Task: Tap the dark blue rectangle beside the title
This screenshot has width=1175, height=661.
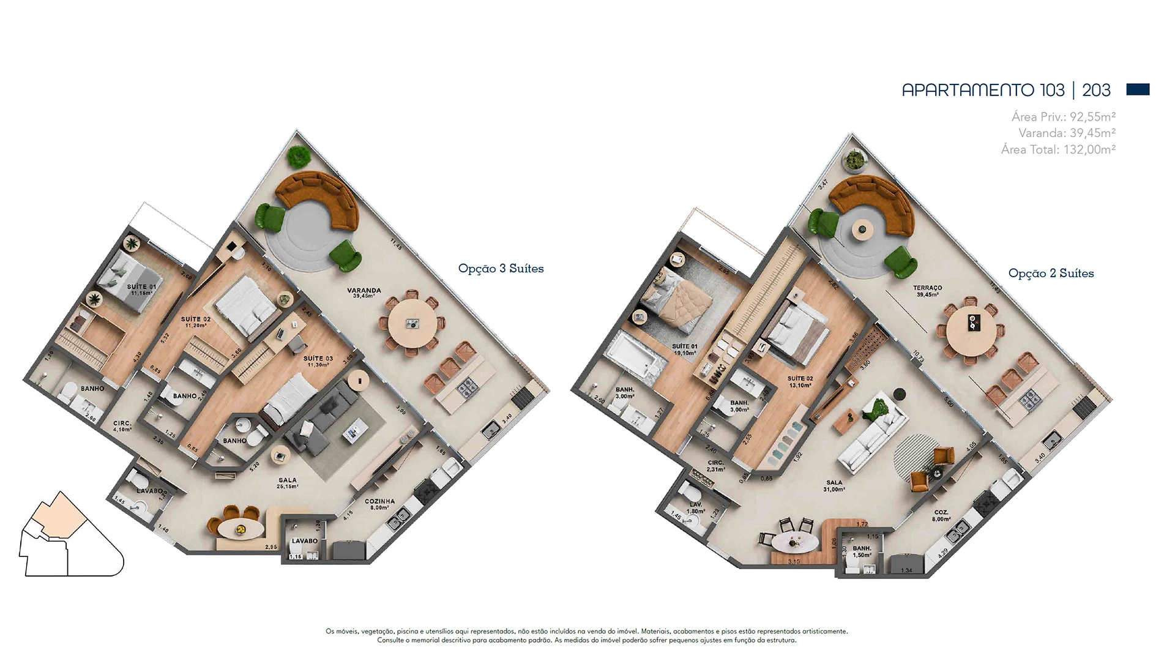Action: point(1138,89)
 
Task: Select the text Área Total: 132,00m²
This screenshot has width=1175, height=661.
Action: point(1058,149)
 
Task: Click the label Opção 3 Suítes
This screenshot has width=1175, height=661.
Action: point(501,268)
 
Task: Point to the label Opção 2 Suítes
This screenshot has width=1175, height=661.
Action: point(1051,273)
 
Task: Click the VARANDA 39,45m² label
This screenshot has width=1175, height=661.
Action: point(364,293)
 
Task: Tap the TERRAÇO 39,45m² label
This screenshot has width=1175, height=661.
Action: point(927,290)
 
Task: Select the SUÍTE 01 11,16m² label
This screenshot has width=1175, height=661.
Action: point(141,289)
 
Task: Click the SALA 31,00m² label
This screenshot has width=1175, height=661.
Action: point(834,485)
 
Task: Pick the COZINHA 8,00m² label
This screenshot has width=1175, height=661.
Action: point(379,504)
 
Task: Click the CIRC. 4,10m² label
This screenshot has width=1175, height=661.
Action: point(122,426)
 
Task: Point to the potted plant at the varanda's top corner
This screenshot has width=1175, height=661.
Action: point(298,157)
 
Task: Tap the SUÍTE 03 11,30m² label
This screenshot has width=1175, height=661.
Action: point(318,361)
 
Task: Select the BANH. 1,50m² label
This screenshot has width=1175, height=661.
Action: point(862,551)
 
